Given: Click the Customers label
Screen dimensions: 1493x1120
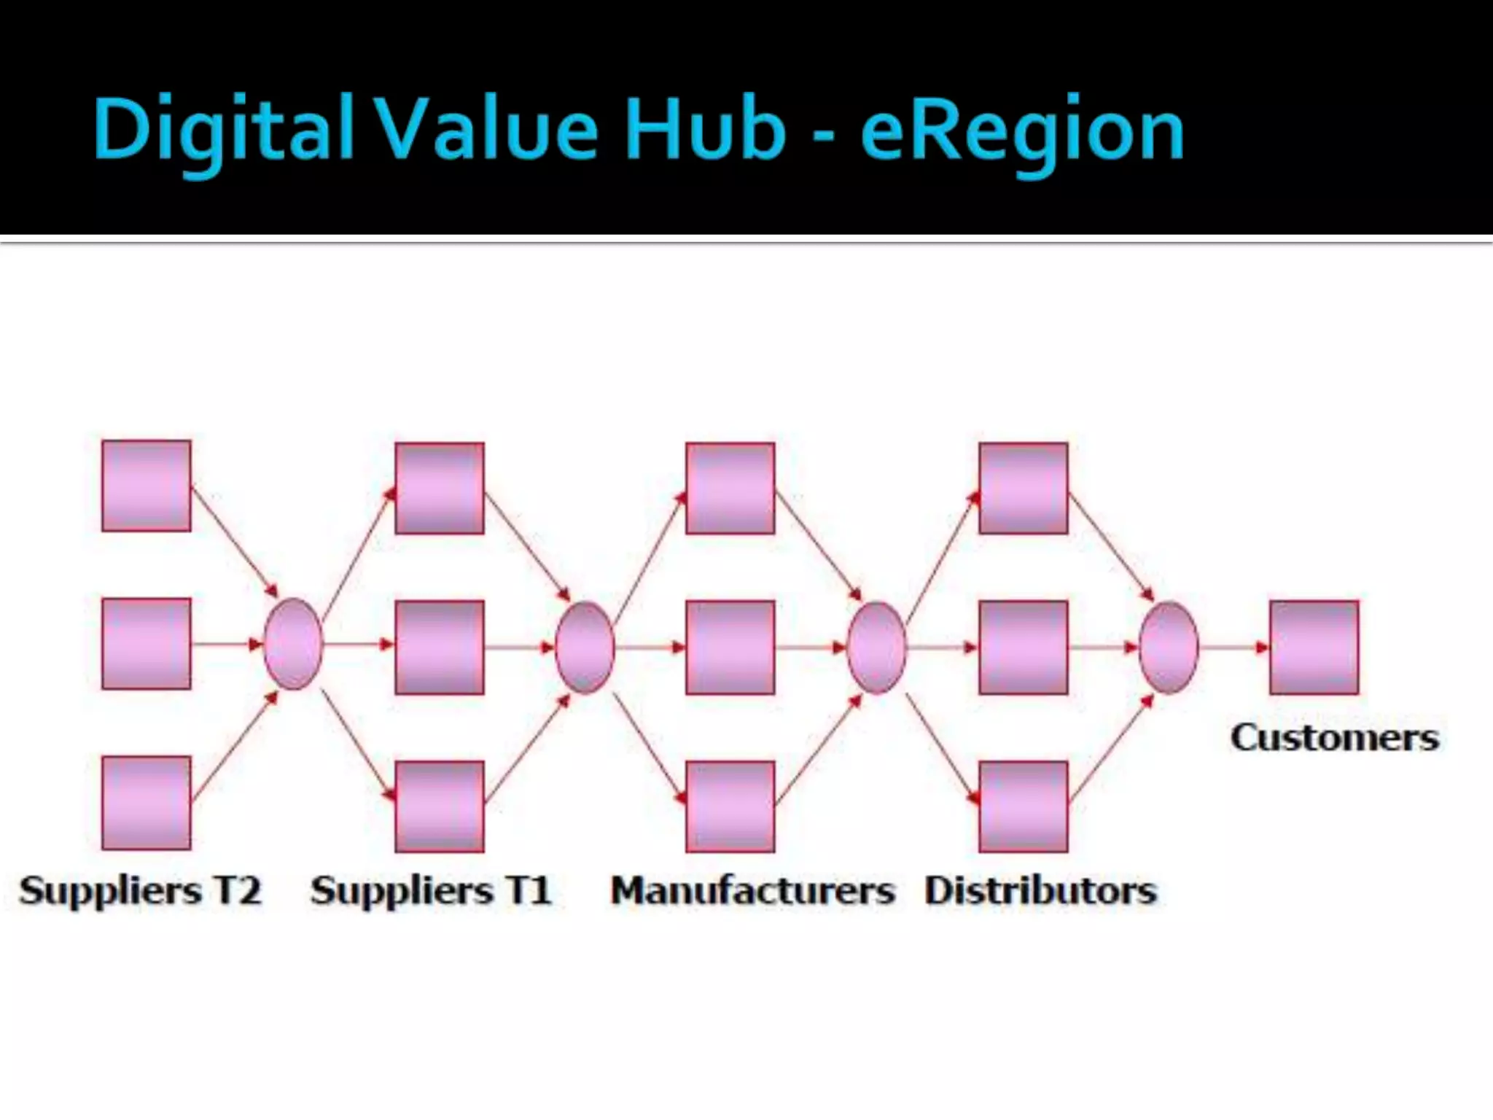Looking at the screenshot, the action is pyautogui.click(x=1335, y=737).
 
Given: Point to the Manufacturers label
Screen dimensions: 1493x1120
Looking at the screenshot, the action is pyautogui.click(x=752, y=890).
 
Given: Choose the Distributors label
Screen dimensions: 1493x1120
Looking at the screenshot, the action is pyautogui.click(x=1040, y=890).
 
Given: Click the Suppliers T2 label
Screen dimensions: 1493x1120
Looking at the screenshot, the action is pyautogui.click(x=140, y=890).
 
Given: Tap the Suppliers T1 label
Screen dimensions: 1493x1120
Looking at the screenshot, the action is pyautogui.click(x=431, y=890).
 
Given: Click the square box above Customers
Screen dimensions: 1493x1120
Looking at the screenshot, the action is pyautogui.click(x=1314, y=647).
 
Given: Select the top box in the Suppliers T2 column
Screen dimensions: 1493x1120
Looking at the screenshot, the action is pyautogui.click(x=147, y=486).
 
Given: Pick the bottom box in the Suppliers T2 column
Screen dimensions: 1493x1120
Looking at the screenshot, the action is pyautogui.click(x=147, y=803).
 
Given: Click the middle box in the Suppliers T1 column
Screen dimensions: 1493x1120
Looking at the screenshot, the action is pyautogui.click(x=440, y=647).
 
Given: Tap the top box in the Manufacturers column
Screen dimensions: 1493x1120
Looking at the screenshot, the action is pyautogui.click(x=730, y=488).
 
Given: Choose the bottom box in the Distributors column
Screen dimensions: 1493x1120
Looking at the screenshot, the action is pyautogui.click(x=1024, y=806).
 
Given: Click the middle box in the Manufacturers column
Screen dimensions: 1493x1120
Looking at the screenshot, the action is pyautogui.click(x=730, y=647).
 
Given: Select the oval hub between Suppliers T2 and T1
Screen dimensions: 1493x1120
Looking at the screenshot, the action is pyautogui.click(x=293, y=644).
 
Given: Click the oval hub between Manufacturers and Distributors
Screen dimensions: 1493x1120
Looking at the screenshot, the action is pyautogui.click(x=876, y=647).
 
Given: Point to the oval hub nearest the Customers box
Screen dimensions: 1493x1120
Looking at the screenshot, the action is pyautogui.click(x=1169, y=647).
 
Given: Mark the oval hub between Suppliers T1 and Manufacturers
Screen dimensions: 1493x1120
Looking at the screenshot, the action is pyautogui.click(x=585, y=647).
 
